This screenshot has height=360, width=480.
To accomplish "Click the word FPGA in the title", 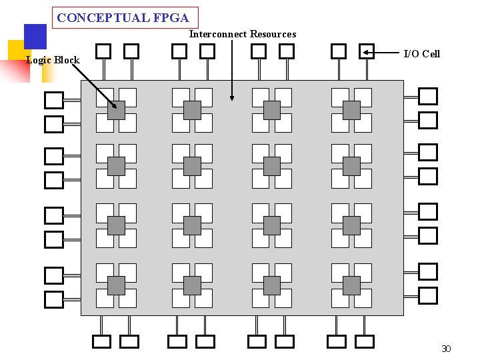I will coord(171,19).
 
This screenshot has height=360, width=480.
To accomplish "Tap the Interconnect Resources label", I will coord(243,34).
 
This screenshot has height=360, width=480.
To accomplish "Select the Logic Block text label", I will coord(53,60).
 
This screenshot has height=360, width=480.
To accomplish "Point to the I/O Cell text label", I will coord(422,54).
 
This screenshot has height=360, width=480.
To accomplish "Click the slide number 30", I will coord(446,349).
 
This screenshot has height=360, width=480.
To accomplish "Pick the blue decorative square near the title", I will coord(35,37).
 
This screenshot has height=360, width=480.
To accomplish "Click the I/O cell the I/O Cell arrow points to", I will coord(367,51).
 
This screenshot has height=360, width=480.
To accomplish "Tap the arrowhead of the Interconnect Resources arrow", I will coord(232,98).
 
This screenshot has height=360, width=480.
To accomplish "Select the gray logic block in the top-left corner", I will coord(116,110).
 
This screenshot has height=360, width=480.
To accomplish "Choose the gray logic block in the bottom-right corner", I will coord(351,285).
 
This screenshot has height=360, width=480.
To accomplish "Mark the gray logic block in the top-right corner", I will coord(351,110).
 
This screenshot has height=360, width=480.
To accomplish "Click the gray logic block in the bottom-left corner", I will coord(116,285).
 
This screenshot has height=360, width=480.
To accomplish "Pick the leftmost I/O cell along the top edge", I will coord(103,51).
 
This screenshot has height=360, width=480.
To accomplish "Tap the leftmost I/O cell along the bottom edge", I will coord(101,341).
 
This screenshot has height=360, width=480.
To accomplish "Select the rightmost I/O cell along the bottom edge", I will coord(364,341).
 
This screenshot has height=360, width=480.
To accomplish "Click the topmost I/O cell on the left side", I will coord(54,101).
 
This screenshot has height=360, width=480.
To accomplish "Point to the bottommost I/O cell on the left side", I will coord(54,300).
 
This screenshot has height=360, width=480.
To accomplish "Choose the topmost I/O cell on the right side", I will coord(428,97).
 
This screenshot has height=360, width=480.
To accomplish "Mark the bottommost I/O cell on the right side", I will coord(428,295).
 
